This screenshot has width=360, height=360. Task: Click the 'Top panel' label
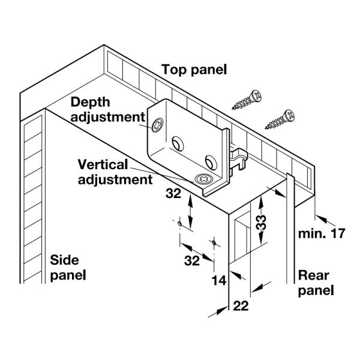(194, 70)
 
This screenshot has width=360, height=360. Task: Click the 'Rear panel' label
(316, 283)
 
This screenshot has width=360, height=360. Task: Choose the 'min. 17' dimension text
(322, 233)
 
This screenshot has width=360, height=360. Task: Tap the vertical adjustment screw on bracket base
(203, 179)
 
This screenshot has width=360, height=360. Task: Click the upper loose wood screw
(248, 100)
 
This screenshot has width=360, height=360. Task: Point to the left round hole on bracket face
(178, 142)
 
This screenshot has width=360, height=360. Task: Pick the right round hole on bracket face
(210, 161)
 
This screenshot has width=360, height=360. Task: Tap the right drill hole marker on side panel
(212, 242)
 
